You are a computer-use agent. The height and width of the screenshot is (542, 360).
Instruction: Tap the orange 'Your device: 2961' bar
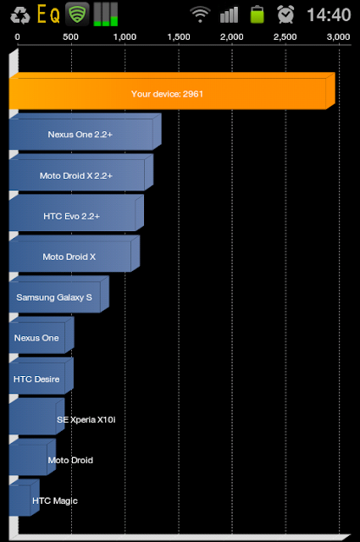(172, 91)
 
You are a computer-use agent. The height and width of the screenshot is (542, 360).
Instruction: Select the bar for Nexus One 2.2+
(85, 132)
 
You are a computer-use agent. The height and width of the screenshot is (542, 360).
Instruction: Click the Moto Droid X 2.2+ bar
(81, 172)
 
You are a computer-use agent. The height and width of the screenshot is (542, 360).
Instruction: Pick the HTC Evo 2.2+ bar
(76, 213)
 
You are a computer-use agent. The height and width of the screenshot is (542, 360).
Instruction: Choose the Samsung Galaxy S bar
(58, 294)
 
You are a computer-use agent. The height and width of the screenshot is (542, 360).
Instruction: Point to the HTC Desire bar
(42, 376)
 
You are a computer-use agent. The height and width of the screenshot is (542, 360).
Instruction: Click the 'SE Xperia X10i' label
(86, 420)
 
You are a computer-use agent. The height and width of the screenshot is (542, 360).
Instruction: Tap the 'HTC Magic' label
(55, 501)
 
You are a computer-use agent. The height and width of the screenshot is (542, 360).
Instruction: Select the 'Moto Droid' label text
(70, 460)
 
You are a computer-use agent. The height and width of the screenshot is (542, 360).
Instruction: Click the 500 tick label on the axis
(70, 37)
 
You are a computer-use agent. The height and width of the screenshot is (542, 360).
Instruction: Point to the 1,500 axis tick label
(179, 37)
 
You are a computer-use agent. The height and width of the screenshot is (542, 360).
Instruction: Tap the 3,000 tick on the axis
(339, 37)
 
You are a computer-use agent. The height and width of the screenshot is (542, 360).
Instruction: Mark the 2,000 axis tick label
(232, 37)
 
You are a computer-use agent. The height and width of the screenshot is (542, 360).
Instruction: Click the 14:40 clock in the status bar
(329, 14)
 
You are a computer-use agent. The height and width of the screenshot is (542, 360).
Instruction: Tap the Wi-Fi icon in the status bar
(200, 15)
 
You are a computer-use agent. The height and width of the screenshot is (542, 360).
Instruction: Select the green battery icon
(257, 14)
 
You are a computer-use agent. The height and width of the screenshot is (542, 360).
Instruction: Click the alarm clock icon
(285, 14)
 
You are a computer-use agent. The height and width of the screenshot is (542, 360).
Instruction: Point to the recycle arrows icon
(20, 15)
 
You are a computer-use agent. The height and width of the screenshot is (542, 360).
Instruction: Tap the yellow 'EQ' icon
(48, 14)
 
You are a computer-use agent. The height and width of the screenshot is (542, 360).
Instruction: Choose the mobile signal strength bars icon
(229, 14)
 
